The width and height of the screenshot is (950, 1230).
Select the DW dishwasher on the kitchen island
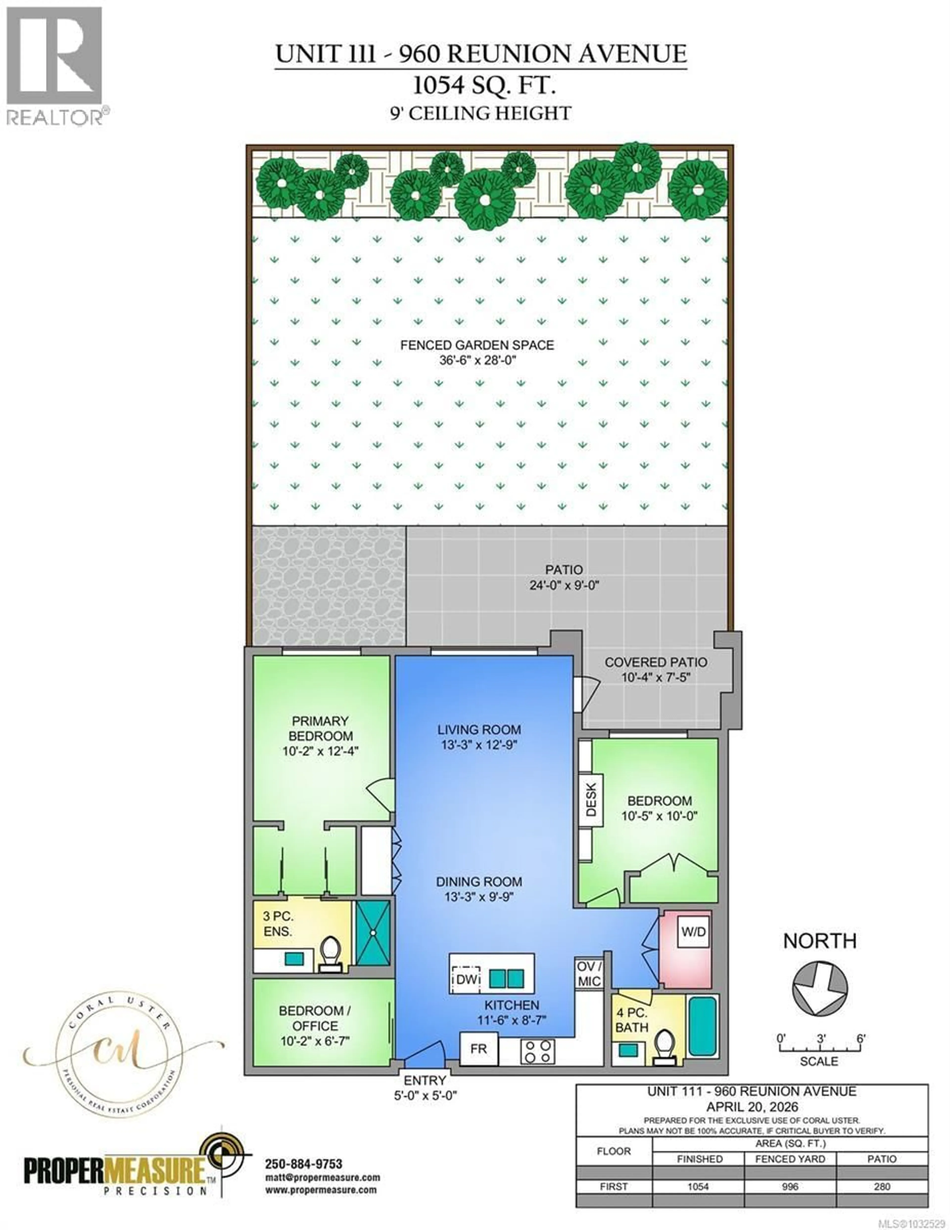click(467, 979)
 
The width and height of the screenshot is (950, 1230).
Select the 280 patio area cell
click(882, 1187)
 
